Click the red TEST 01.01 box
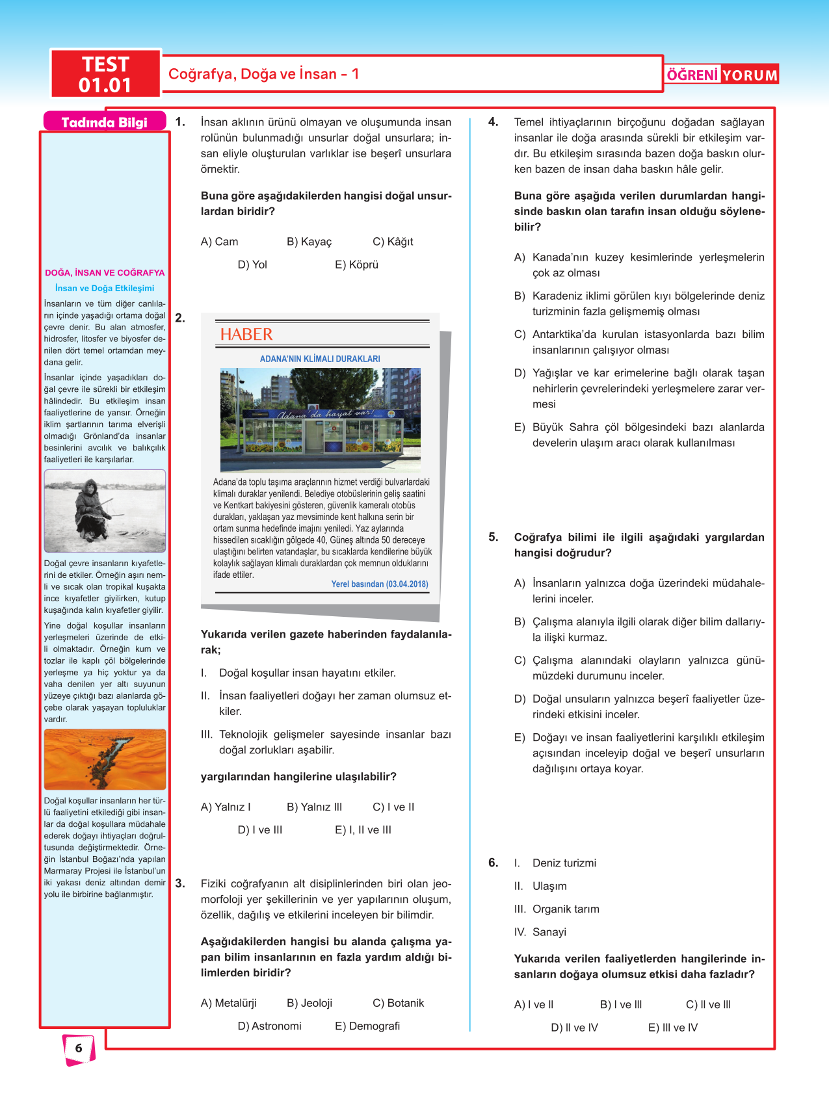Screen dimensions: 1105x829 105,74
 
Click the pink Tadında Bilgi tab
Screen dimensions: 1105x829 104,122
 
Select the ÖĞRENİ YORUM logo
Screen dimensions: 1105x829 722,75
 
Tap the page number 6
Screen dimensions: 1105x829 79,1048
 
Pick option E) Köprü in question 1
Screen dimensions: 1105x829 356,265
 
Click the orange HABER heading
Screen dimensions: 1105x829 246,335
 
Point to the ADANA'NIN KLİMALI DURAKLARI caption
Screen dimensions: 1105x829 320,359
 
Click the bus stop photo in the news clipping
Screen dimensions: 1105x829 320,420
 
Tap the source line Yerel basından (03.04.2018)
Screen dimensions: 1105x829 380,584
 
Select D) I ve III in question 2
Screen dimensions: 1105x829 260,830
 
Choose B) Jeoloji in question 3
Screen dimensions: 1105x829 309,1003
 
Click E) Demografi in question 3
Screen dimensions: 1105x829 367,1026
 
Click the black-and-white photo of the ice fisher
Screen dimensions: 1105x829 105,511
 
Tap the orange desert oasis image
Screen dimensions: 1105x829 105,759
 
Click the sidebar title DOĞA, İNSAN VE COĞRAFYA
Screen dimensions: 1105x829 105,273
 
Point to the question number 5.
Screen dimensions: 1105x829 493,537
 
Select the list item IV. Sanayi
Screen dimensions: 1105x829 540,932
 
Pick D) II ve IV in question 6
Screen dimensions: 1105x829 574,1028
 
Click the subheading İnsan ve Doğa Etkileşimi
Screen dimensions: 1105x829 105,288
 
